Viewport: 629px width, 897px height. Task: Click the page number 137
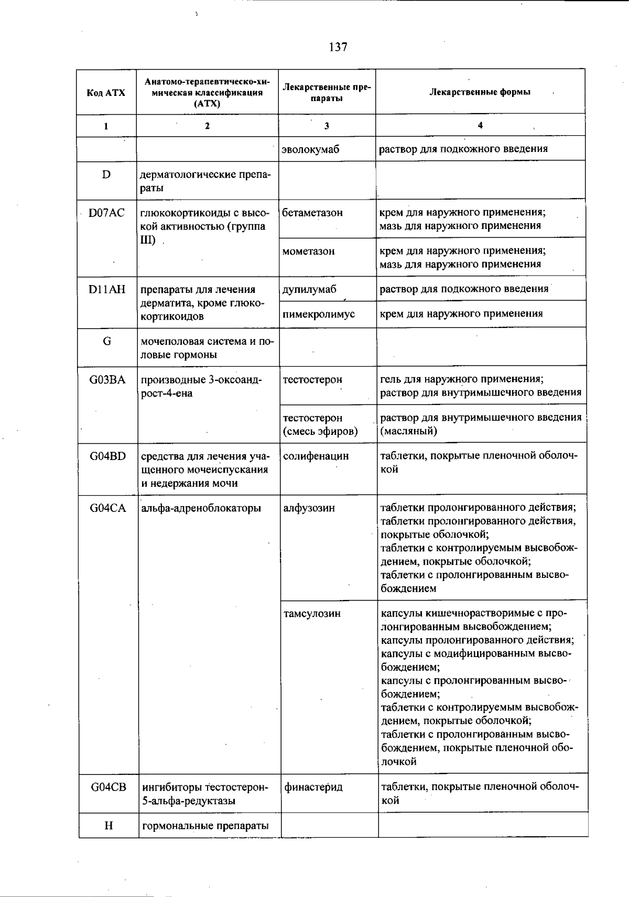click(x=338, y=47)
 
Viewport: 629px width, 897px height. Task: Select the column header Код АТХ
click(x=106, y=93)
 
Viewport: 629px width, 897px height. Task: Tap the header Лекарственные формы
click(x=480, y=92)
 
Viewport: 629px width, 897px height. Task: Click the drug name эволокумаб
click(x=310, y=149)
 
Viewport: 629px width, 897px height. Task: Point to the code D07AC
click(x=106, y=213)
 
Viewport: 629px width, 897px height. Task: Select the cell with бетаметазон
click(x=312, y=213)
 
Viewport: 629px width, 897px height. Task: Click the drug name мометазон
click(x=308, y=251)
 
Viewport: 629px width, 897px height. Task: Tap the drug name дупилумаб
click(x=309, y=289)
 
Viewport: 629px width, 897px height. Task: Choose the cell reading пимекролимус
click(x=318, y=314)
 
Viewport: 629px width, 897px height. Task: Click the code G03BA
click(x=107, y=380)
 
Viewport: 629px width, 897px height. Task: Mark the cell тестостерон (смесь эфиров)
click(x=320, y=424)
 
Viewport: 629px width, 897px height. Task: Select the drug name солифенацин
click(x=316, y=456)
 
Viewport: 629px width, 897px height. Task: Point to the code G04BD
click(x=108, y=456)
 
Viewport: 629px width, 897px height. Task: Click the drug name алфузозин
click(x=309, y=508)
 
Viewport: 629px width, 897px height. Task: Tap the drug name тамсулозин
click(x=312, y=614)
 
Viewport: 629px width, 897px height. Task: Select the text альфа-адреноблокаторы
click(x=201, y=508)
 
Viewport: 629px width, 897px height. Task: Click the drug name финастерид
click(x=313, y=787)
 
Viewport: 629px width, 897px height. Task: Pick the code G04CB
click(x=109, y=787)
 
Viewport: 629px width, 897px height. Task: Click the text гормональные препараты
click(x=205, y=826)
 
